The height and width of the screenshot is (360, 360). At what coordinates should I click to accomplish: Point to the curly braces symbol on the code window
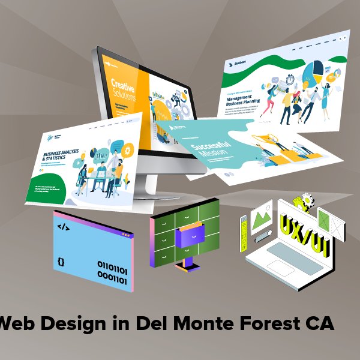pos(62,262)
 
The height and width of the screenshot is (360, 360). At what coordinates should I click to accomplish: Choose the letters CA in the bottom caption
pos(319,323)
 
